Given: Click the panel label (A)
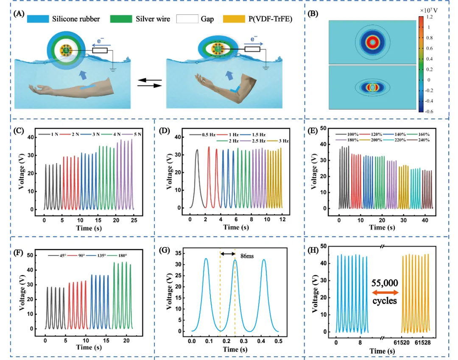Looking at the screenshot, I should click(x=19, y=14).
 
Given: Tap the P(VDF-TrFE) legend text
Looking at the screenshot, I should click(x=270, y=18).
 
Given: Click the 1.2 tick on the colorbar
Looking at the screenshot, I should click(x=430, y=17).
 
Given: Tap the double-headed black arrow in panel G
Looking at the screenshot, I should click(x=228, y=254).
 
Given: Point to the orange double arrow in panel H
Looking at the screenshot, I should click(x=385, y=292).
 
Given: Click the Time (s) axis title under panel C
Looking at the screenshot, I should click(x=89, y=228).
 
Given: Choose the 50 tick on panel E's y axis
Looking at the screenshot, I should click(x=324, y=128).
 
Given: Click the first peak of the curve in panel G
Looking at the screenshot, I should click(x=206, y=259).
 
